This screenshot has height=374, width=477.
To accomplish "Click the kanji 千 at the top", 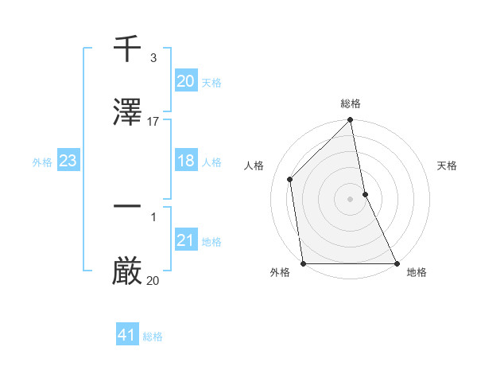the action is pyautogui.click(x=127, y=50).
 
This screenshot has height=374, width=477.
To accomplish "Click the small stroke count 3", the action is pyautogui.click(x=153, y=58).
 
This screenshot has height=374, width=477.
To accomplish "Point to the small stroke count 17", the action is pyautogui.click(x=153, y=121).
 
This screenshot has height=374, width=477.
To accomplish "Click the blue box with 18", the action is pyautogui.click(x=185, y=162).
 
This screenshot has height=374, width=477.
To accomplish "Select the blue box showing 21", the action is pyautogui.click(x=185, y=241).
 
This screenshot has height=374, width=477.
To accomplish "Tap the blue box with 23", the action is pyautogui.click(x=68, y=162).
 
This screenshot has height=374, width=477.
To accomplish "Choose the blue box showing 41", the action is pyautogui.click(x=127, y=335).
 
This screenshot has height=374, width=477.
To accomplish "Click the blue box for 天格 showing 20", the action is pyautogui.click(x=185, y=81).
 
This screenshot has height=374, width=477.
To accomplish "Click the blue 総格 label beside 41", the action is pyautogui.click(x=153, y=337).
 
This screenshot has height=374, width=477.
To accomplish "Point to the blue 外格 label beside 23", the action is pyautogui.click(x=42, y=162).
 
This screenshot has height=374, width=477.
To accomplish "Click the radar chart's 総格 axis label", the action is pyautogui.click(x=351, y=104).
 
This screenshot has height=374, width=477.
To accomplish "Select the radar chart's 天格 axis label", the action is pyautogui.click(x=448, y=166).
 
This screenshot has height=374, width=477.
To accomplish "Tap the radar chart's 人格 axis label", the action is pyautogui.click(x=254, y=166).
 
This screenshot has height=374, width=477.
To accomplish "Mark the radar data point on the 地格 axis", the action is pyautogui.click(x=397, y=263).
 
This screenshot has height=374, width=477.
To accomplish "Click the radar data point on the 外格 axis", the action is pyautogui.click(x=304, y=263).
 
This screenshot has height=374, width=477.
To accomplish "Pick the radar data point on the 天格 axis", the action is pyautogui.click(x=365, y=194).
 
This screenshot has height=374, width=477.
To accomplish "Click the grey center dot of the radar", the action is pyautogui.click(x=351, y=199).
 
